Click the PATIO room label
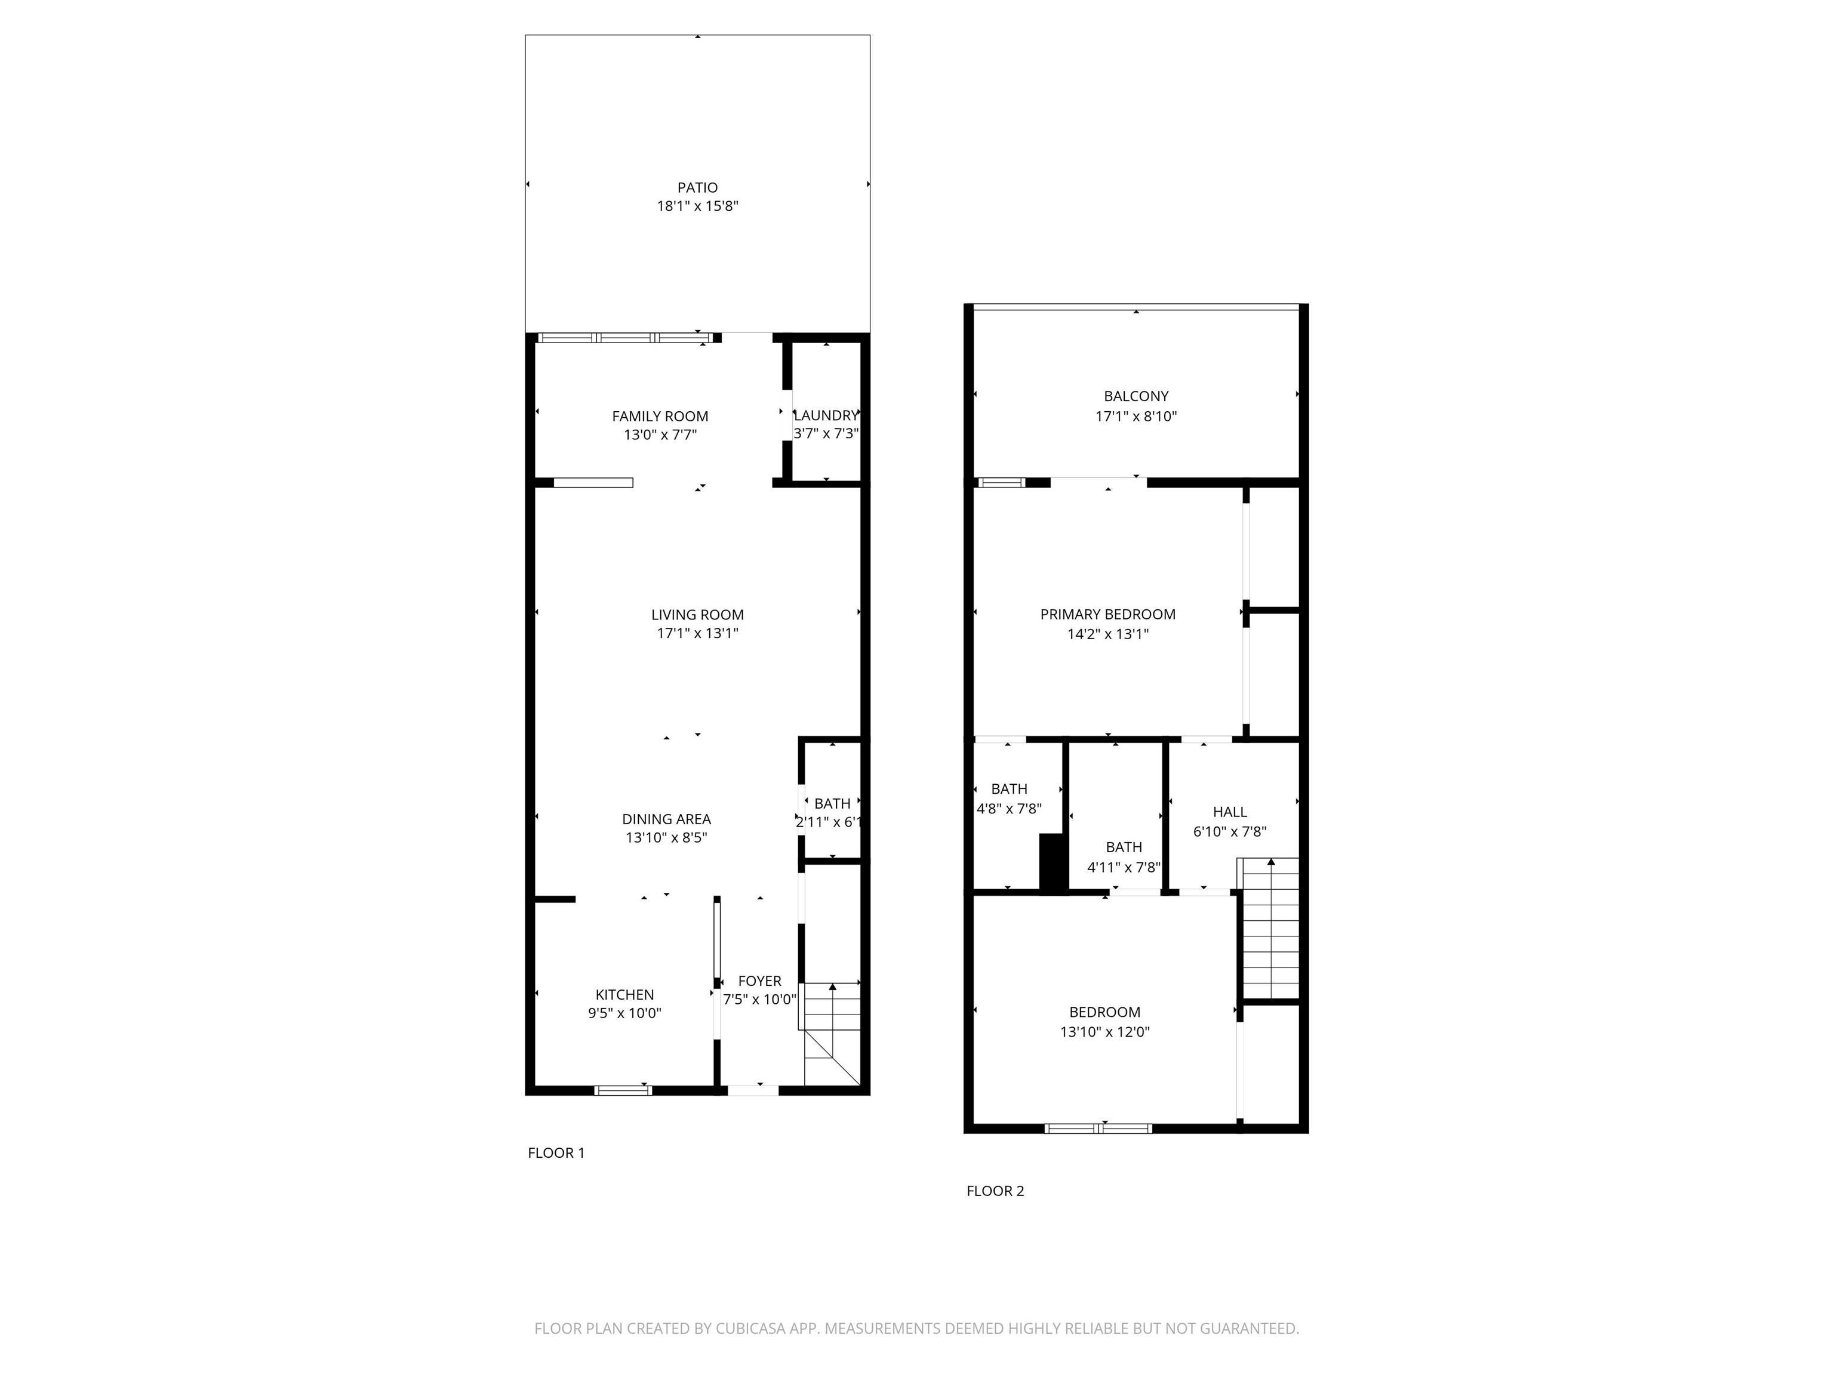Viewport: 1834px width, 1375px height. tap(697, 188)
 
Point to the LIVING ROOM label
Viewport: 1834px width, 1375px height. tap(697, 615)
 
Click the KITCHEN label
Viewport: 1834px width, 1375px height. tap(624, 995)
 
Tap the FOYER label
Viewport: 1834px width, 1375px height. tap(759, 981)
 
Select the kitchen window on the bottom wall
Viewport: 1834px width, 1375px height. tap(623, 1090)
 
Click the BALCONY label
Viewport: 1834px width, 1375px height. tap(1136, 397)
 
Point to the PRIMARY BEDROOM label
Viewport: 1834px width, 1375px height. tap(1107, 615)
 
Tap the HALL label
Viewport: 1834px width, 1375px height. tap(1230, 812)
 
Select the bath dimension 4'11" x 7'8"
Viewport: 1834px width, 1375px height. tap(1124, 868)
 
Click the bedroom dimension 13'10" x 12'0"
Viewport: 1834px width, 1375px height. tap(1104, 1032)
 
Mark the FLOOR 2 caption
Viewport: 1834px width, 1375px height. tap(995, 1191)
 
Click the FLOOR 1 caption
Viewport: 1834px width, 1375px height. tap(556, 1153)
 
